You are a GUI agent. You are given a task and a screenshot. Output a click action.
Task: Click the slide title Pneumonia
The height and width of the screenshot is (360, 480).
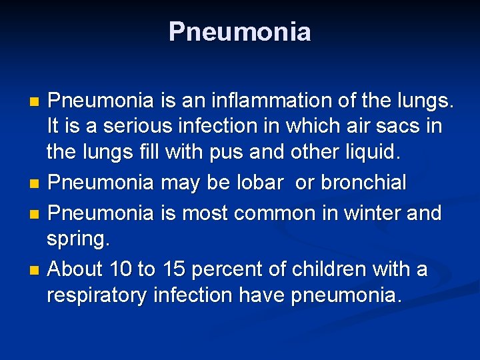239,32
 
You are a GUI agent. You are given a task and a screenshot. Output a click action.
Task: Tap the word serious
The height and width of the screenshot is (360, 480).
133,127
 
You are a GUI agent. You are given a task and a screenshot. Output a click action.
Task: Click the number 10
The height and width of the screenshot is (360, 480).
120,269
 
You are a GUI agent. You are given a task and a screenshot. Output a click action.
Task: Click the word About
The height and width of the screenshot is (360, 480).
75,269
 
